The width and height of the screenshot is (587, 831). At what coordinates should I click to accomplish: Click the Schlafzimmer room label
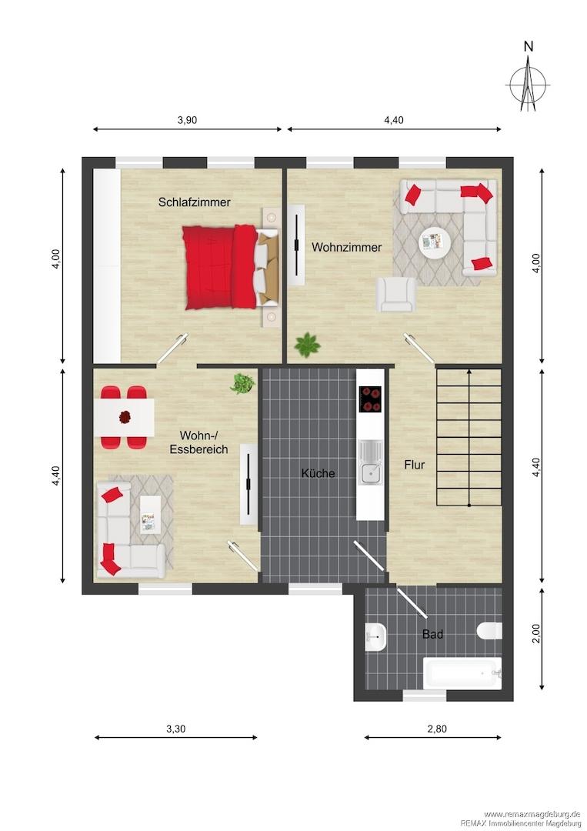coord(195,202)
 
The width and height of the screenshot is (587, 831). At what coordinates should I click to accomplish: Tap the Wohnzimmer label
coord(346,247)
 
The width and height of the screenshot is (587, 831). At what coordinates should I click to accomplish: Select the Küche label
coord(318,472)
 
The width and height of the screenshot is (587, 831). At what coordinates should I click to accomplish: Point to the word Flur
coord(415,465)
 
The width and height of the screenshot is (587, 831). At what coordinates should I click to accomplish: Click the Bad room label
coord(432,634)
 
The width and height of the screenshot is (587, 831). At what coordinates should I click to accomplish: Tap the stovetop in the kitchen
coord(370,399)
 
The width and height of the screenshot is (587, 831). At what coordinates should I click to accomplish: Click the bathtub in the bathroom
coord(462,673)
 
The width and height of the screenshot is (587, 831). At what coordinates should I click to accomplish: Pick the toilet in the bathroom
coord(489,631)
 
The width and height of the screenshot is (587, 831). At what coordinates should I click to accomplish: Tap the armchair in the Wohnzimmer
coord(395,294)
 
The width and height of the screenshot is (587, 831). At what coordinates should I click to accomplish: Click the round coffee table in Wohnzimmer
coord(434,244)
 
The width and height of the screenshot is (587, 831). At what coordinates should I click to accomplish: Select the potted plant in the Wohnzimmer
coord(307,345)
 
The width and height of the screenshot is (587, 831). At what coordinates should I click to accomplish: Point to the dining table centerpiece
coord(125,417)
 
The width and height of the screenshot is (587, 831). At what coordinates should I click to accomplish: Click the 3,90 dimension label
coord(187,120)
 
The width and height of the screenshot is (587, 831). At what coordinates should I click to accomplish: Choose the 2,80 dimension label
coord(437,729)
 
